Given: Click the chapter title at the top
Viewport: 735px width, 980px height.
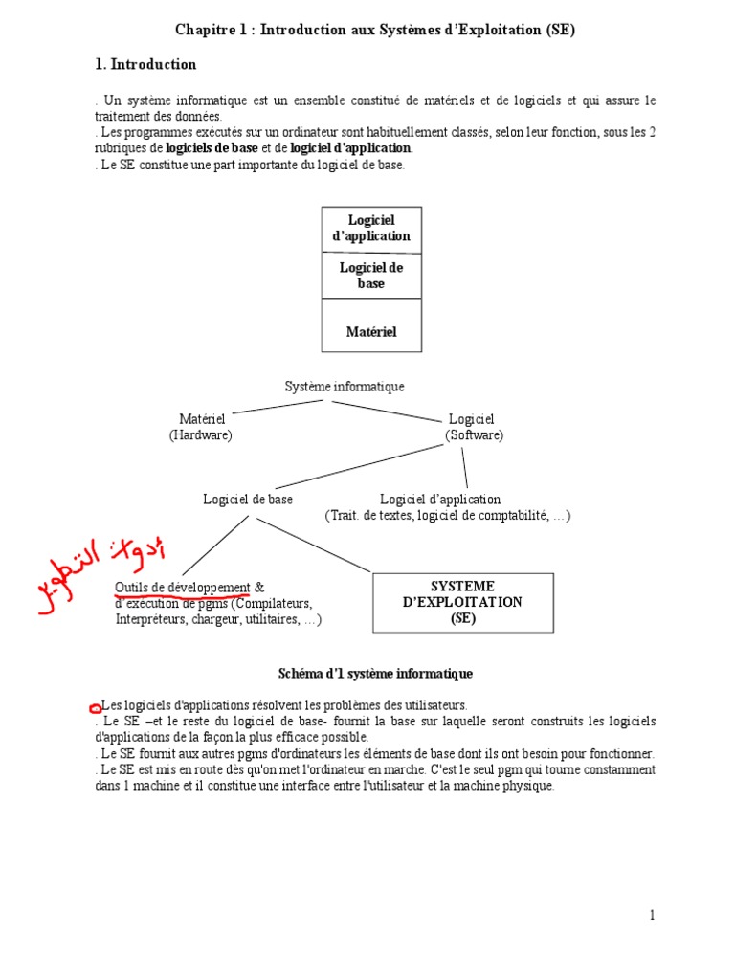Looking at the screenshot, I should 374,30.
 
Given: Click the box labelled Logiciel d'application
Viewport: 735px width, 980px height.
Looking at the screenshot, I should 370,229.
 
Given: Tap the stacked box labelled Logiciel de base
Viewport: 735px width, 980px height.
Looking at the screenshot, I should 370,276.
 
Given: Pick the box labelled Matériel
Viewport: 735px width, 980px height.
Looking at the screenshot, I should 370,332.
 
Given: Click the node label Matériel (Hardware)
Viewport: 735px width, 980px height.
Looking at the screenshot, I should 201,427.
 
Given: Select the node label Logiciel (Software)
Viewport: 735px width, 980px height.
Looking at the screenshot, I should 473,427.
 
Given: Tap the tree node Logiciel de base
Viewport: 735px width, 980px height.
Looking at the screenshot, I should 248,500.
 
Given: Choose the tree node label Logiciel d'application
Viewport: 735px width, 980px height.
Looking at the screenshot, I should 440,500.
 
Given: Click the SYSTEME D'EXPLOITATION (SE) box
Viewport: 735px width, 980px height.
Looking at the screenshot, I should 462,602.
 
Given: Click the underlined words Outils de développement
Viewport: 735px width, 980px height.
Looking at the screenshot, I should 182,588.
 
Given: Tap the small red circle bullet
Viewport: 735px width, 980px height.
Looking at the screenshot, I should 95,708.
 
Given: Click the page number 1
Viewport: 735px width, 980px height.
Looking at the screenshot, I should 652,916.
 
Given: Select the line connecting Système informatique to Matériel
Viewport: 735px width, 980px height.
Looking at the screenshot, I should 278,407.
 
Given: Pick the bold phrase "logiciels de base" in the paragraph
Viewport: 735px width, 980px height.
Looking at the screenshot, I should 212,148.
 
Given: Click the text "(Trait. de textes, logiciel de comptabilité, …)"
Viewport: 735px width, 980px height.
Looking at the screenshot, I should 447,516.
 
